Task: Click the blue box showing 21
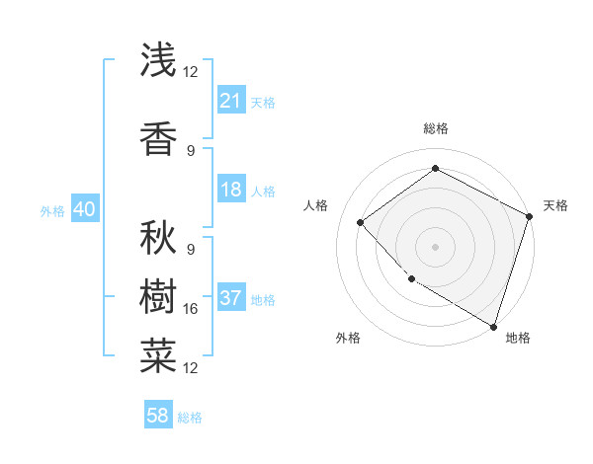231,100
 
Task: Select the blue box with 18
231,190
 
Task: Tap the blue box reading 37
231,298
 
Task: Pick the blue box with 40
84,209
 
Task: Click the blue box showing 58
158,416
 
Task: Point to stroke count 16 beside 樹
191,309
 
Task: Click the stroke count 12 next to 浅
191,72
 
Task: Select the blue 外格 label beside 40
52,210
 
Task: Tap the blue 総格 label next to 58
190,417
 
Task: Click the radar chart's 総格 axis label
435,128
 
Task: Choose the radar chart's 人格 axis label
316,205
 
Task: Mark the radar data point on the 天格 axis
530,216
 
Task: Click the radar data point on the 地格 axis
493,325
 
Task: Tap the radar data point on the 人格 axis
361,222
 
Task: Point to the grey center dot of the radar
435,246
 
